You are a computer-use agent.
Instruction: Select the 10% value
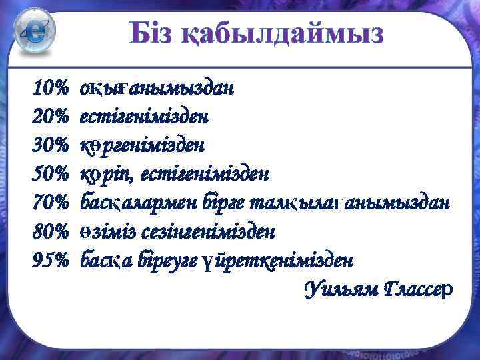coord(51,88)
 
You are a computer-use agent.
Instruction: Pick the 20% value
coord(51,117)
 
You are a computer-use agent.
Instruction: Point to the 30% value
coord(51,145)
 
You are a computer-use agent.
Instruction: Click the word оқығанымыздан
coord(157,88)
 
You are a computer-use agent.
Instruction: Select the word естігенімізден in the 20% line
coord(144,117)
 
